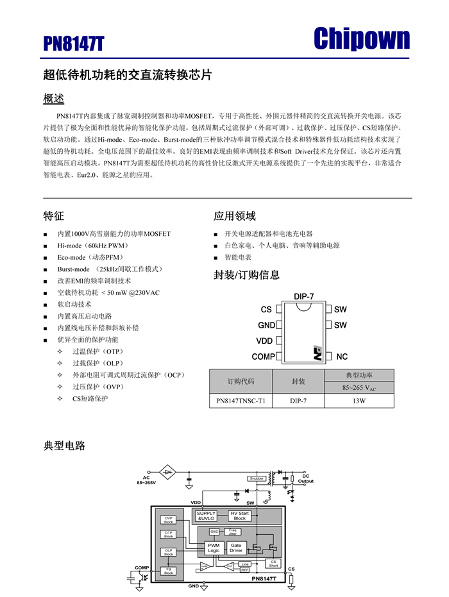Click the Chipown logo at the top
(361, 40)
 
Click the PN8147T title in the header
(74, 43)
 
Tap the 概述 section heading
(54, 99)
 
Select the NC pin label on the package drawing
(342, 357)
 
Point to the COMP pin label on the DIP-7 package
(263, 357)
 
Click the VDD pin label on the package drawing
(264, 341)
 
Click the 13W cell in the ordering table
(359, 401)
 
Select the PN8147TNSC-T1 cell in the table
(241, 401)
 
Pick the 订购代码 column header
(241, 382)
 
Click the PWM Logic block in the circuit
(214, 548)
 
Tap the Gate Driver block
(236, 548)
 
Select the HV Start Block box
(239, 516)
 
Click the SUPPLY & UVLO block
(207, 516)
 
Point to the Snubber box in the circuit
(256, 478)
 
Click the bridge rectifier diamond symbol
(169, 473)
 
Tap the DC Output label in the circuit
(305, 478)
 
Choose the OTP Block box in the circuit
(169, 534)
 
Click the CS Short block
(273, 563)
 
